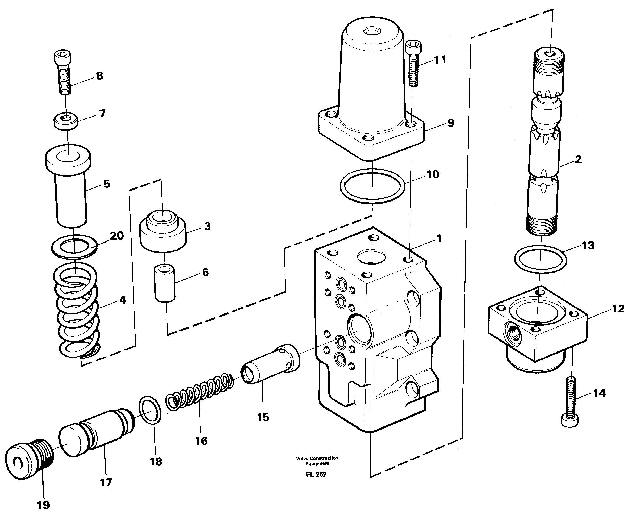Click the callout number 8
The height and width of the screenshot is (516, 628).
pyautogui.click(x=99, y=76)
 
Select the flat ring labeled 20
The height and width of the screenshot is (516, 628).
pyautogui.click(x=74, y=246)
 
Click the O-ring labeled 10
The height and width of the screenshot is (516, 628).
pyautogui.click(x=372, y=186)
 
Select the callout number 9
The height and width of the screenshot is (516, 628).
pyautogui.click(x=450, y=123)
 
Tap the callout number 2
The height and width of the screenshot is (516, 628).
pyautogui.click(x=578, y=159)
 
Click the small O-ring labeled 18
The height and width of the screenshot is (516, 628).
pyautogui.click(x=150, y=410)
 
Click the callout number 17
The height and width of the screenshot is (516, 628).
pyautogui.click(x=106, y=482)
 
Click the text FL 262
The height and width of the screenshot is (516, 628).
pyautogui.click(x=316, y=474)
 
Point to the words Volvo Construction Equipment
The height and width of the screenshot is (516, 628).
pyautogui.click(x=317, y=461)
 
